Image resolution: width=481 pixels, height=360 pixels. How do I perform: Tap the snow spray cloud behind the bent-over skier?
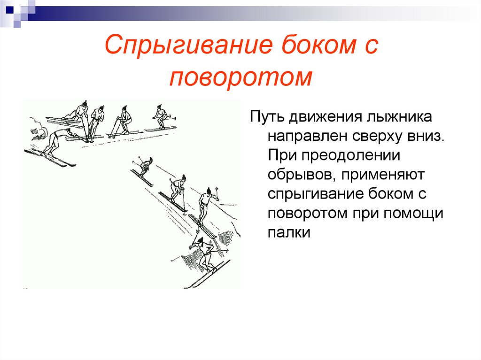[x=34, y=129]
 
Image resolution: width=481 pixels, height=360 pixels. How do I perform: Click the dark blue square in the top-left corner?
[x=9, y=8]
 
